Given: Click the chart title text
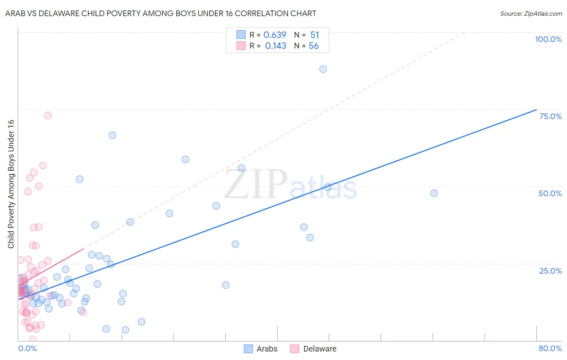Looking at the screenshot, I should click(161, 13).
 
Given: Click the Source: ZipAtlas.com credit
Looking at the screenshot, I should click(531, 13).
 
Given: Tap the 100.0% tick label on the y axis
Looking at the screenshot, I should click(548, 39).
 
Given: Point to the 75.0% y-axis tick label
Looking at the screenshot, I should click(550, 116).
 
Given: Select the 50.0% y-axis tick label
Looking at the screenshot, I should click(550, 193).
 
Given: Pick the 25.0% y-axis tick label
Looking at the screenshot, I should click(550, 270).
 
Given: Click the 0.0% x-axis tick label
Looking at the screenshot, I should click(27, 348).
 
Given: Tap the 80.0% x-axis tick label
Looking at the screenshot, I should click(550, 348).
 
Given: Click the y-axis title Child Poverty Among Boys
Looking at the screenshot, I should click(11, 184).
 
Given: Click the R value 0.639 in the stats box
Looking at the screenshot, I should click(275, 35).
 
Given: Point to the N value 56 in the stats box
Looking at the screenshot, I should click(313, 46).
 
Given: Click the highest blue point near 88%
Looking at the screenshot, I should click(323, 69).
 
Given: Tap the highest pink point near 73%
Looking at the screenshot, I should click(48, 115).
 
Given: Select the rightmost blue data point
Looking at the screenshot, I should click(434, 193).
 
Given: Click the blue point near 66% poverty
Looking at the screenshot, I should click(113, 135).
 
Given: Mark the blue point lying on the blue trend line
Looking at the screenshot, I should click(327, 187).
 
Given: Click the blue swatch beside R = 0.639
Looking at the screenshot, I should click(241, 35).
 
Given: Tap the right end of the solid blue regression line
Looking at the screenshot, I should click(536, 109).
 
